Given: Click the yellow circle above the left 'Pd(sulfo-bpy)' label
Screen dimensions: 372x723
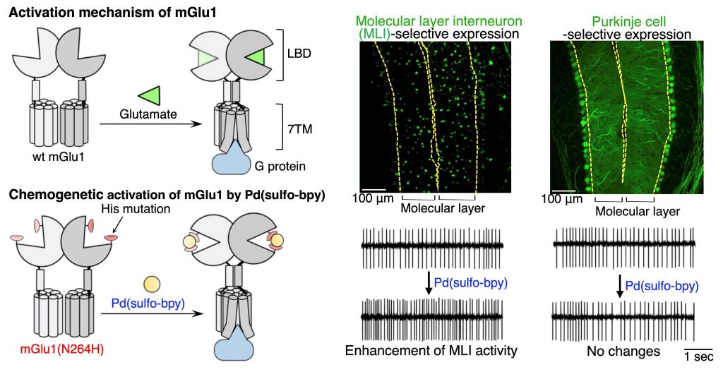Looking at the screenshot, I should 150,284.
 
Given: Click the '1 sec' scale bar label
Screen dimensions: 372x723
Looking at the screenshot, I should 699,356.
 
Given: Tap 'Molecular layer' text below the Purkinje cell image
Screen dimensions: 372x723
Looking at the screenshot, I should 638,210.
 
